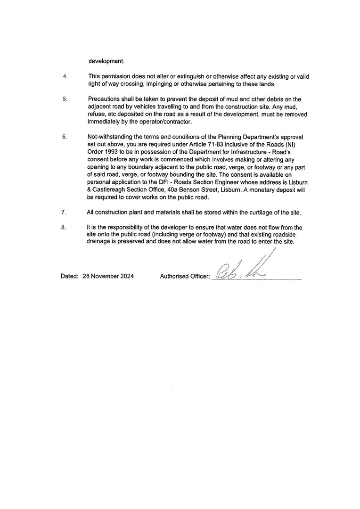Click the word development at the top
(x=106, y=61)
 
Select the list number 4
(x=65, y=76)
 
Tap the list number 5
(x=65, y=99)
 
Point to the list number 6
(x=65, y=137)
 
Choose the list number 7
(x=64, y=213)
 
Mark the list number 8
(x=64, y=228)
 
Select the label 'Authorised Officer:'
(x=185, y=277)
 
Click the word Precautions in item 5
(x=104, y=99)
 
